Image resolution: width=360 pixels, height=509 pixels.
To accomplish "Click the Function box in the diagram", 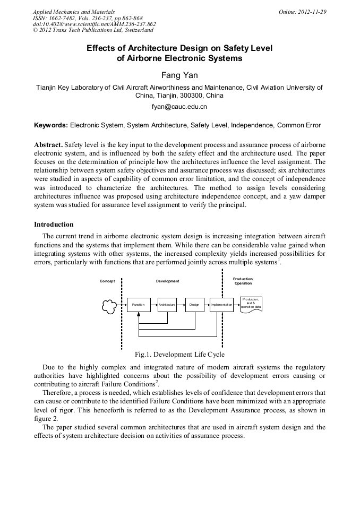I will [138, 305].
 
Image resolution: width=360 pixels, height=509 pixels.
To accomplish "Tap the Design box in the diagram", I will [194, 305].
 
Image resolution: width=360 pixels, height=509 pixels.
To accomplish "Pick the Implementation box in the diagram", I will [221, 305].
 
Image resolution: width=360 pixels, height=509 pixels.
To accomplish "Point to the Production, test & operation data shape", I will [251, 304].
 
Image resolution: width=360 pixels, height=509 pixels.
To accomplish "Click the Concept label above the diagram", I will [107, 281].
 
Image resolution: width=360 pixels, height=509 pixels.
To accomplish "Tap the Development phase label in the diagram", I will [167, 281].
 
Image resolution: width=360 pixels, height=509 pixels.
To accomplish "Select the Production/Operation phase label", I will [243, 281].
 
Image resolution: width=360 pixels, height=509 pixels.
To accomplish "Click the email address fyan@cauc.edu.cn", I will [179, 107].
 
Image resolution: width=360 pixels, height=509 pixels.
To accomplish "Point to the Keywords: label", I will [51, 125].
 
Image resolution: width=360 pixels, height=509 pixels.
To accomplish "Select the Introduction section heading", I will [54, 225].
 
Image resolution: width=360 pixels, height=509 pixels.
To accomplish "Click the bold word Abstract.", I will [48, 144].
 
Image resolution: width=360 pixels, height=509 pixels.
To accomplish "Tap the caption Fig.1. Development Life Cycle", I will [179, 354].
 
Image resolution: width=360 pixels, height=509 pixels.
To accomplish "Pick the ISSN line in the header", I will [87, 18].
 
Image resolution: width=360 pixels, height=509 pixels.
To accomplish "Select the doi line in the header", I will [94, 24].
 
